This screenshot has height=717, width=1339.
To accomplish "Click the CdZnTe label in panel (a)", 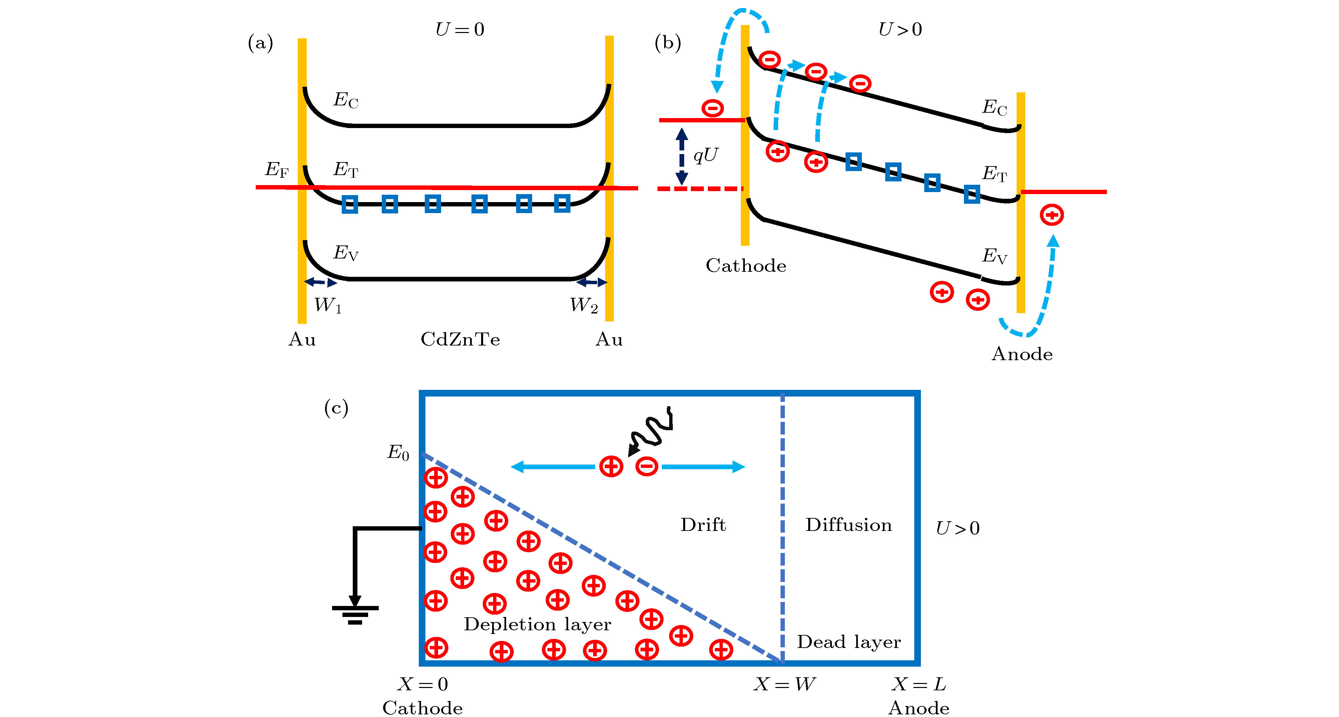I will pyautogui.click(x=460, y=339).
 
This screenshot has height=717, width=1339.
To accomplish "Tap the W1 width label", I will pyautogui.click(x=327, y=305).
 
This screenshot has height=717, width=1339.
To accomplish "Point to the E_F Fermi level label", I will pyautogui.click(x=276, y=169).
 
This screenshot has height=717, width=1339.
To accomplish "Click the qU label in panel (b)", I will pyautogui.click(x=706, y=155).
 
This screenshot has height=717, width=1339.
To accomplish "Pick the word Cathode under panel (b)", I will pyautogui.click(x=746, y=266).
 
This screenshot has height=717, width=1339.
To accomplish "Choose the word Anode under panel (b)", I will pyautogui.click(x=1022, y=354).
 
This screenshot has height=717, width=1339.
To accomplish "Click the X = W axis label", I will pyautogui.click(x=785, y=684).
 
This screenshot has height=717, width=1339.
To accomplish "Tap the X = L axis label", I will pyautogui.click(x=919, y=684).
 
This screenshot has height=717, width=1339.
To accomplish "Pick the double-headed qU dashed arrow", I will pyautogui.click(x=682, y=156).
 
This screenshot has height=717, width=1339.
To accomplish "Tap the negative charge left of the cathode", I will pyautogui.click(x=712, y=108).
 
